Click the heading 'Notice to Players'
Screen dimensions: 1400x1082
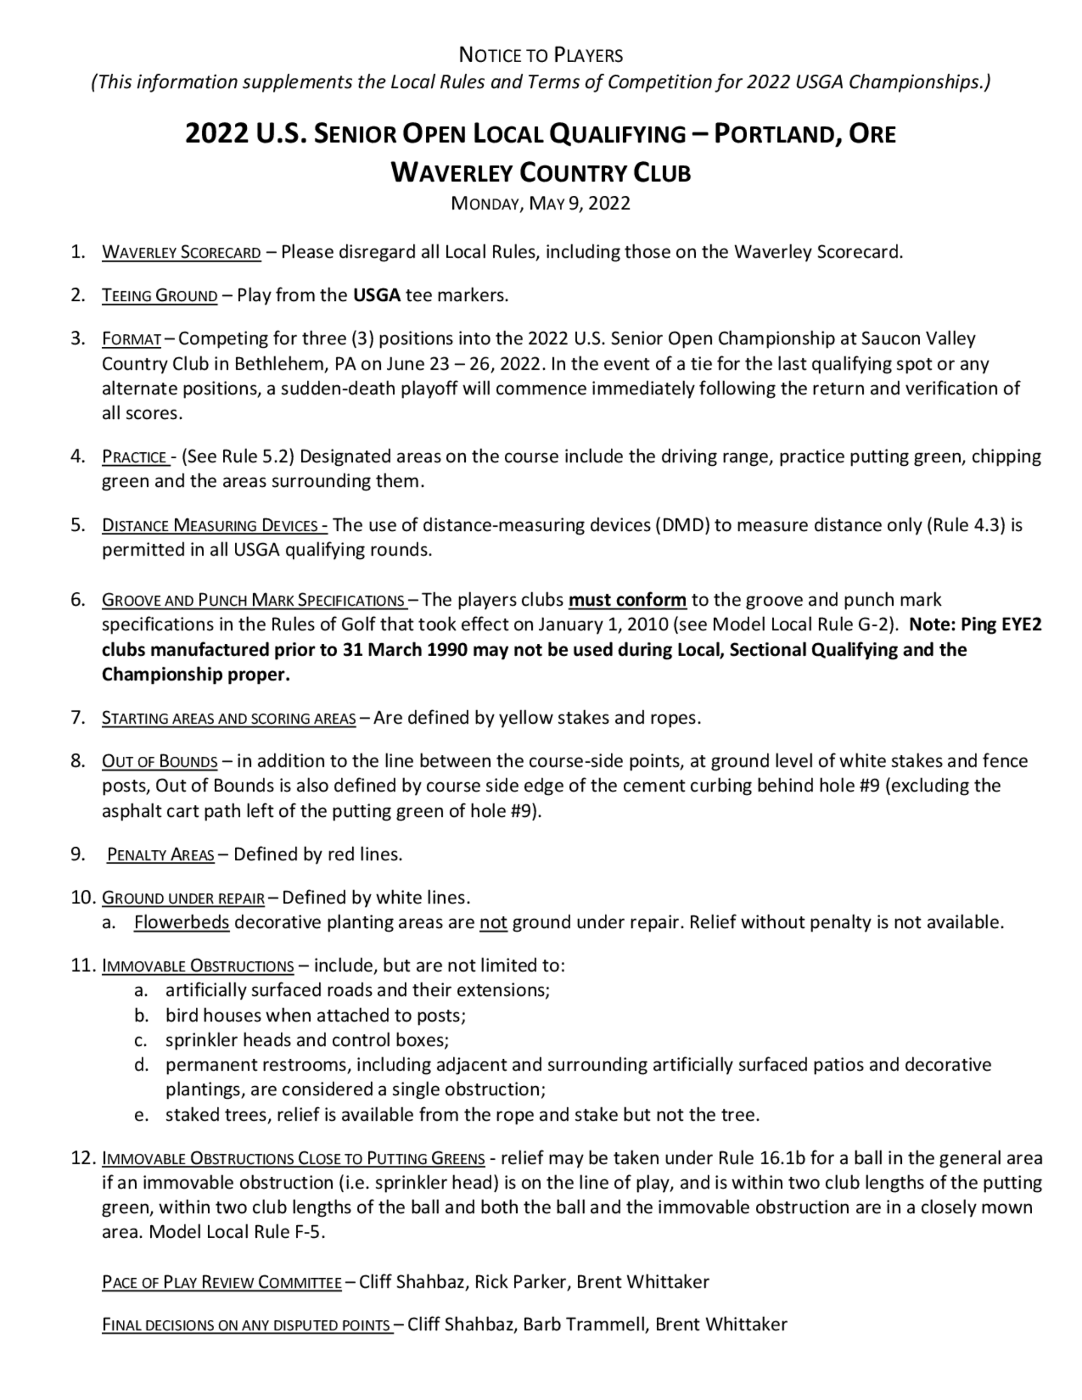click(x=540, y=56)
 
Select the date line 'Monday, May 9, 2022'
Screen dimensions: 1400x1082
click(x=540, y=203)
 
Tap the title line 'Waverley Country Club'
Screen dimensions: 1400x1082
click(x=540, y=173)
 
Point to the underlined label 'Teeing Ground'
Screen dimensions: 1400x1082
click(x=160, y=295)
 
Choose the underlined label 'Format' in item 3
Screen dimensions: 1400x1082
click(x=131, y=339)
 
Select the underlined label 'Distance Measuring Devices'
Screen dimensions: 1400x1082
click(x=214, y=526)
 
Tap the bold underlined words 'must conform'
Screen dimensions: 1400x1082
click(x=627, y=600)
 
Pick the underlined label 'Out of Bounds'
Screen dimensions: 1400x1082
click(x=160, y=762)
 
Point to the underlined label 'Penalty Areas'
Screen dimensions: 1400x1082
click(x=160, y=855)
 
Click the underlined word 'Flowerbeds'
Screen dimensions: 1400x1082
click(x=181, y=922)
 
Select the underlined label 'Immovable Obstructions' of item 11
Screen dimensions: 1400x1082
click(x=197, y=966)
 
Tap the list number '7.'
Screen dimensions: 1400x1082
click(x=78, y=717)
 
